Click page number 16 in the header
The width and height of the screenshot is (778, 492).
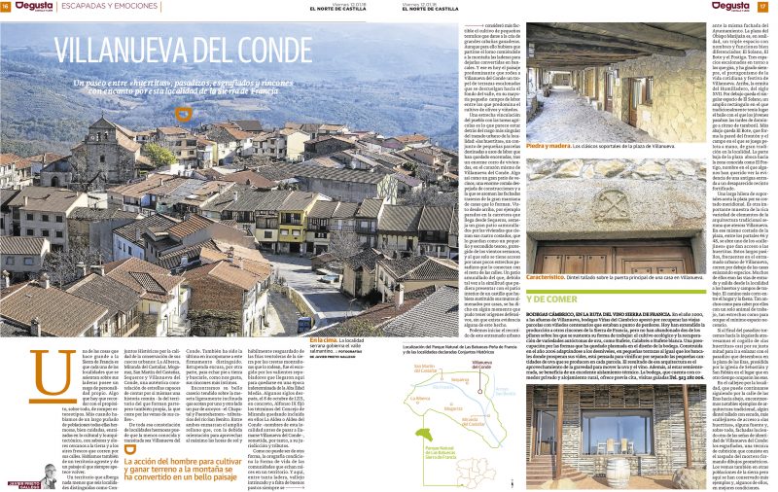click(6, 6)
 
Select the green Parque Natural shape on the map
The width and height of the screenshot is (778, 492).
click(438, 457)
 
